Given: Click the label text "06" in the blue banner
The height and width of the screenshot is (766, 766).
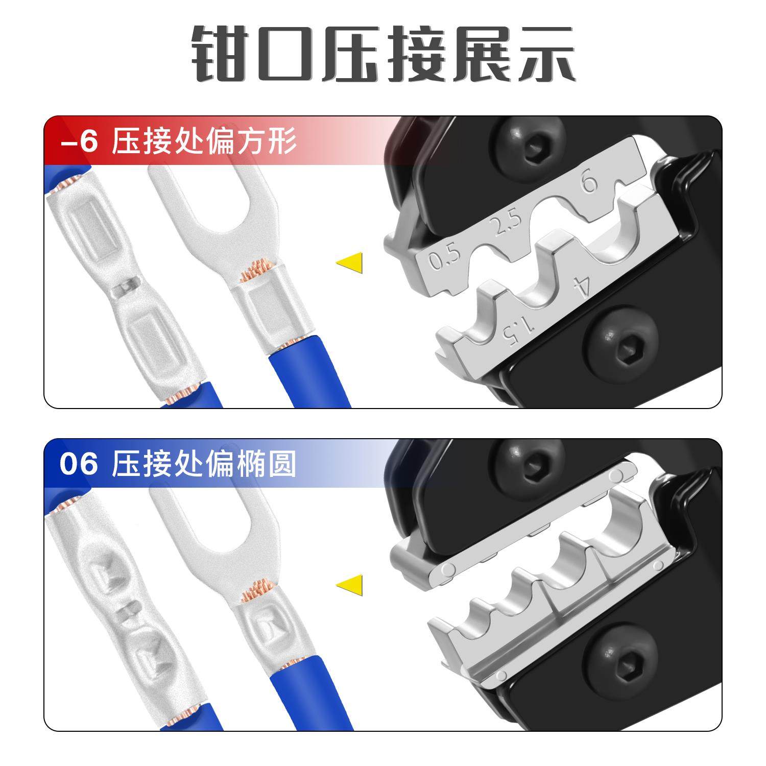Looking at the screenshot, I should tap(78, 465).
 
